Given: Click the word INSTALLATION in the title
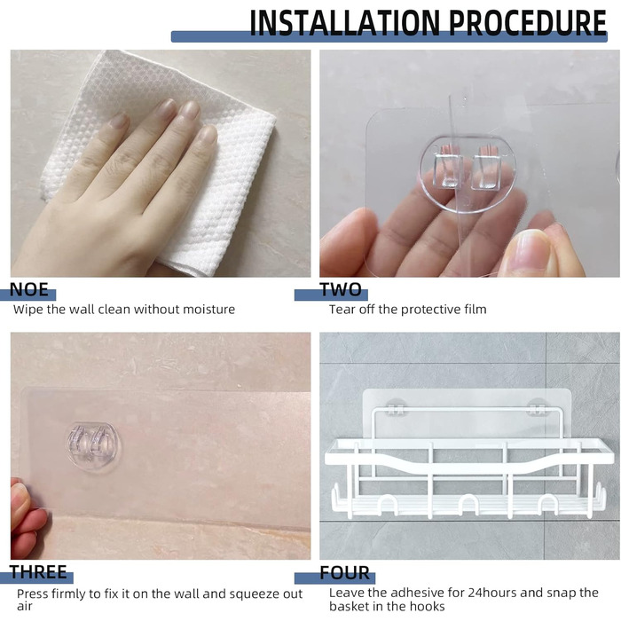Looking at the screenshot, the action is tap(344, 22).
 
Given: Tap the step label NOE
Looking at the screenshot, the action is tap(29, 289).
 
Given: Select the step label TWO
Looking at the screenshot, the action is tap(341, 289).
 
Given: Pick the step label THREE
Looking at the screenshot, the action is tap(38, 572).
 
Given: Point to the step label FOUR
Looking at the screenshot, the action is tap(344, 573).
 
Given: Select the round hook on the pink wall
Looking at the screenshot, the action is tap(93, 447).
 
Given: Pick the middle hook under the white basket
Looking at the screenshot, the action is tap(468, 505).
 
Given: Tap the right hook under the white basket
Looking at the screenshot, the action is tap(548, 505).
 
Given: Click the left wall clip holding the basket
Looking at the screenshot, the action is tap(396, 408).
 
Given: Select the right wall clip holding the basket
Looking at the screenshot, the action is tap(538, 408).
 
